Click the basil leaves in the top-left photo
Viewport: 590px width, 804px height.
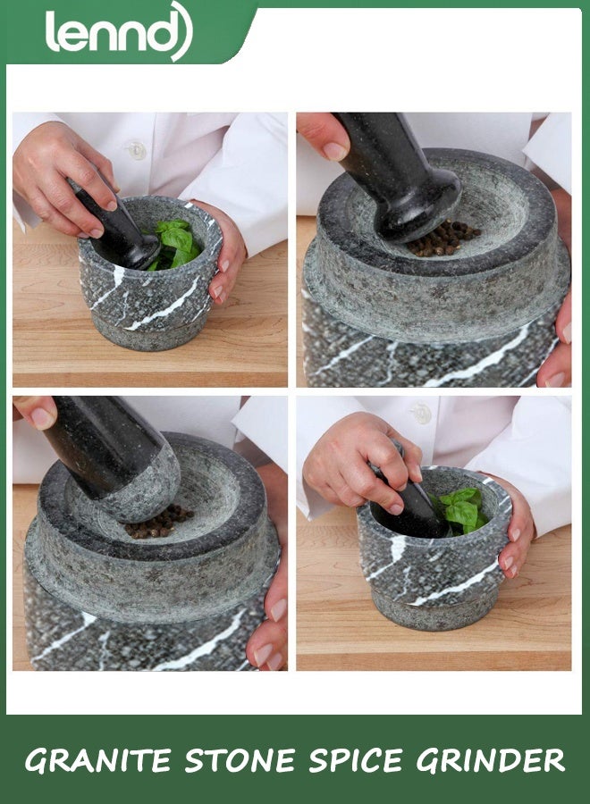pyautogui.click(x=176, y=241)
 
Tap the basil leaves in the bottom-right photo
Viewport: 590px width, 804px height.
pyautogui.click(x=461, y=510)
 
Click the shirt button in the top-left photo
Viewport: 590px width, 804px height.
pyautogui.click(x=136, y=149)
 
